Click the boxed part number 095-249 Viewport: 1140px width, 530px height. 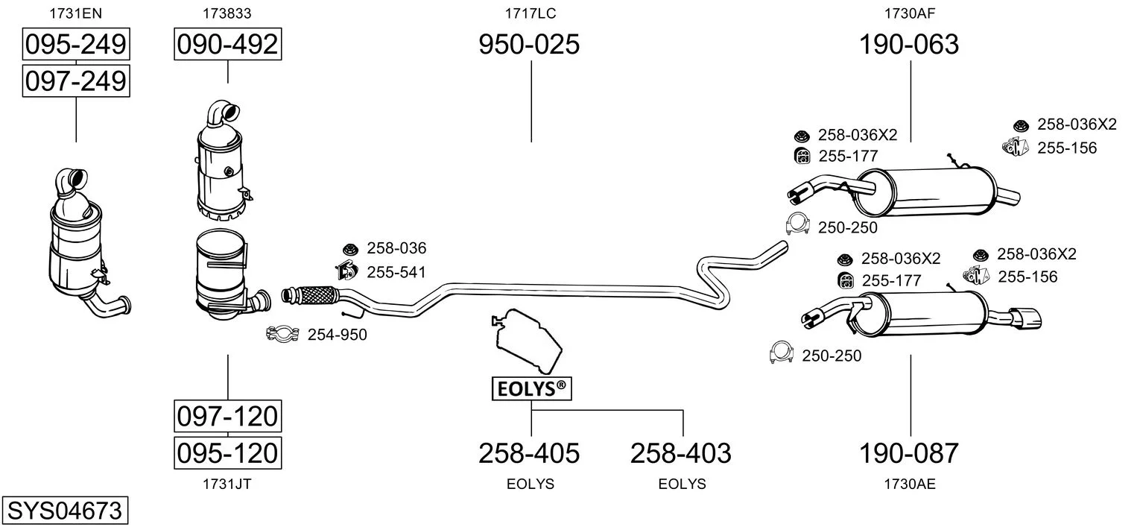(75, 45)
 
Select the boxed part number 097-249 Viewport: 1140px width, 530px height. (75, 81)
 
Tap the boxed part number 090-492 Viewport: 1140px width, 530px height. (227, 45)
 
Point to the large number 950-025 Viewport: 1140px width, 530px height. (529, 45)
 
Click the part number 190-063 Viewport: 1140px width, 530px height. (909, 45)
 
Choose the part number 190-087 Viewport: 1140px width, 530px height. (909, 452)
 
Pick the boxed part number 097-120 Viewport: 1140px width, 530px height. (227, 416)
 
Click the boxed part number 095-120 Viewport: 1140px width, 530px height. (227, 452)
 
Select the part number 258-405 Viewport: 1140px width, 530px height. (529, 452)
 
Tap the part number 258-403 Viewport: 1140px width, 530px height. (681, 452)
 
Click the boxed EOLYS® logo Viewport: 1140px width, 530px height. (531, 388)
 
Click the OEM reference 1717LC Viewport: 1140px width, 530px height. (531, 13)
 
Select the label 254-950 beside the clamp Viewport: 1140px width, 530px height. (337, 335)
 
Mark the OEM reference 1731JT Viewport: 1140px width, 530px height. (227, 484)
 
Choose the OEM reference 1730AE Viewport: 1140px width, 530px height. (910, 484)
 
